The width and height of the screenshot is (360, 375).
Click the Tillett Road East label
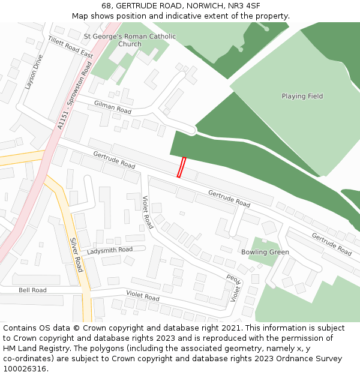pyautogui.click(x=71, y=47)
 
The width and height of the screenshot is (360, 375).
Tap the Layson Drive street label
pyautogui.click(x=34, y=72)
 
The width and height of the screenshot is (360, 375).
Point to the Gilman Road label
pyautogui.click(x=113, y=107)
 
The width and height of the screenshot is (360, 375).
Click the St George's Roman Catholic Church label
pyautogui.click(x=130, y=40)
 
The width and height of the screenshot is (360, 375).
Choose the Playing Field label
pyautogui.click(x=302, y=96)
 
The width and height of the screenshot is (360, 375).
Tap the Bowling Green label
pyautogui.click(x=265, y=252)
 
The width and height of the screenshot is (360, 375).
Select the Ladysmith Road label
pyautogui.click(x=110, y=250)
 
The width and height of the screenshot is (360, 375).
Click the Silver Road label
pyautogui.click(x=76, y=254)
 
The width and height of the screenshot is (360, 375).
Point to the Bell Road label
pyautogui.click(x=32, y=290)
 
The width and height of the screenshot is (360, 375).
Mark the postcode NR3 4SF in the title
pyautogui.click(x=244, y=5)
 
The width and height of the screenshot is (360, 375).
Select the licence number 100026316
pyautogui.click(x=25, y=368)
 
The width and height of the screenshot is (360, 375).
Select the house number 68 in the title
pyautogui.click(x=107, y=5)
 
